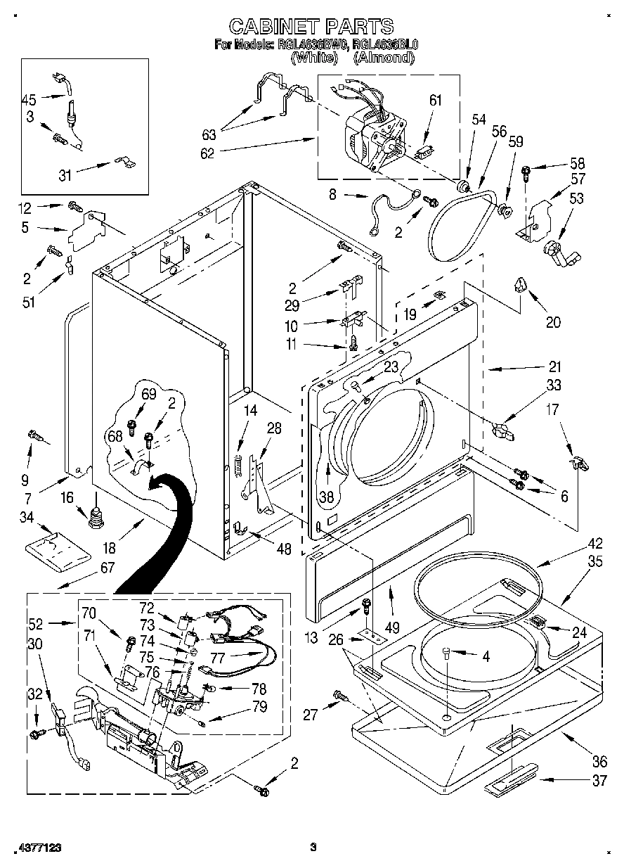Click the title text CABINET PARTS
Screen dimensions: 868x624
pos(311,27)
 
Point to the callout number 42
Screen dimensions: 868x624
pos(576,542)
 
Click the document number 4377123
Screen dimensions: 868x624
pos(32,848)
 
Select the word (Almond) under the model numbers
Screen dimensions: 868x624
pos(383,58)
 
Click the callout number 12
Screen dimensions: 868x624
pos(25,208)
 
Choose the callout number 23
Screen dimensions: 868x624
pos(391,366)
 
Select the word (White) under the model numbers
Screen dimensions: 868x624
pos(313,58)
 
